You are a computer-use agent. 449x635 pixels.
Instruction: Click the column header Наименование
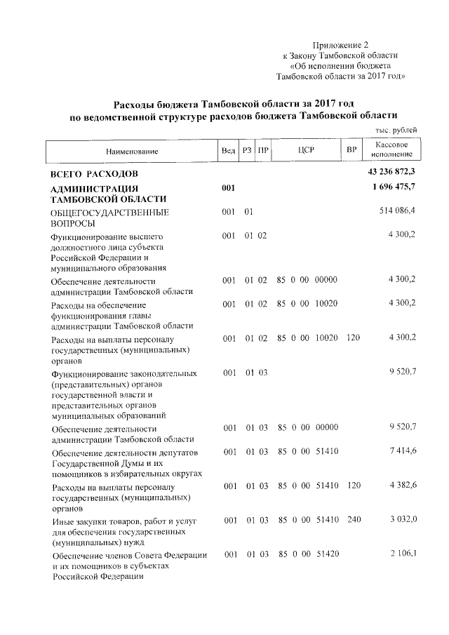pyautogui.click(x=133, y=151)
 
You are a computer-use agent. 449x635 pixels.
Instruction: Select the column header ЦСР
pyautogui.click(x=305, y=150)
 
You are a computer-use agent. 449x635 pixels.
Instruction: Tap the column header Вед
pyautogui.click(x=228, y=151)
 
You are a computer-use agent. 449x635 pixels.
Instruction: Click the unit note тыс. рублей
pyautogui.click(x=396, y=130)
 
